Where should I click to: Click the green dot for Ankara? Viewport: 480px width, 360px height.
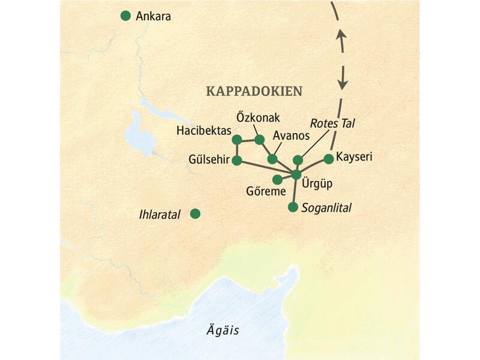coord(125,16)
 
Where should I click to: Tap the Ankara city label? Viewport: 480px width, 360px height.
coord(154,17)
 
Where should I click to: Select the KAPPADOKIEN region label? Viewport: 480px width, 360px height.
coord(254,91)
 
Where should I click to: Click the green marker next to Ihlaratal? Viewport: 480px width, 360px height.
coord(195,213)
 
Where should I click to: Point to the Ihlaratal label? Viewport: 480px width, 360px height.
coord(159,214)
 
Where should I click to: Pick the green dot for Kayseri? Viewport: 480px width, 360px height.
coord(328,158)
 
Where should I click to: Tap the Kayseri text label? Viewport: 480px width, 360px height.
coord(354,157)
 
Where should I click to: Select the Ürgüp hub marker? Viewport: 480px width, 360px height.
coord(296,175)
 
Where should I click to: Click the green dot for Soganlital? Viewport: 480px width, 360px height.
coord(293,207)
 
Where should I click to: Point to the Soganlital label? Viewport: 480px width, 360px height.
coord(327,208)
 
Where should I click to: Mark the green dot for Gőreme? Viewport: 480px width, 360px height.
coord(277,179)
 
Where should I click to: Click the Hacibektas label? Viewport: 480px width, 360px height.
coord(203,130)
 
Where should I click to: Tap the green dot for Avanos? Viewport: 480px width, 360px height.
coord(272,159)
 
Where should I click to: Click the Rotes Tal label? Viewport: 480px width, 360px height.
coord(333,123)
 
